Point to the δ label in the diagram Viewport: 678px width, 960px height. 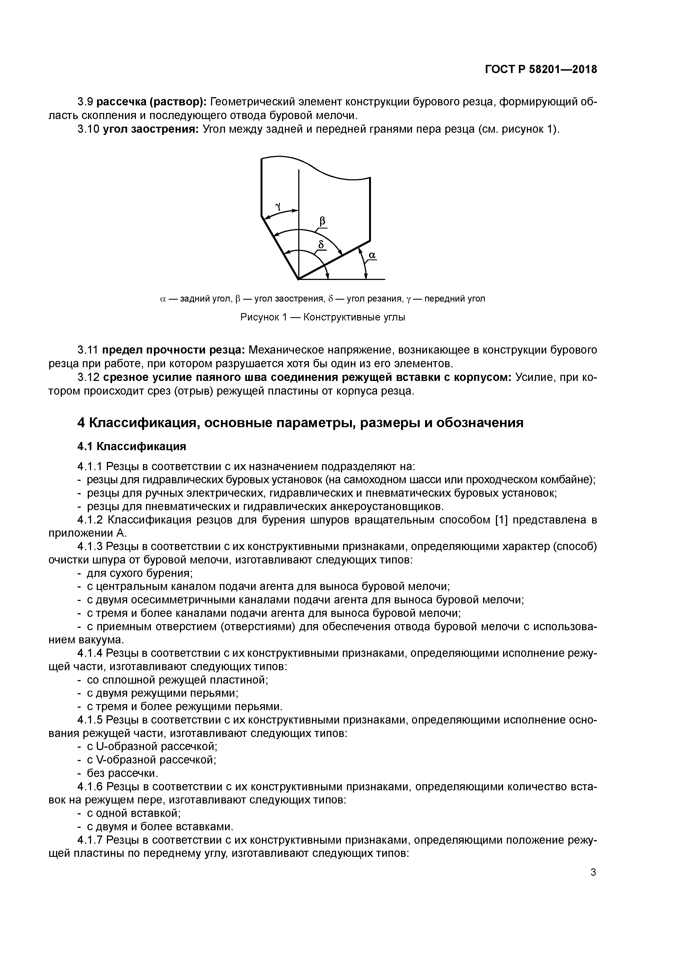pos(321,244)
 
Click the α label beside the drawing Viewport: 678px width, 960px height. pos(372,255)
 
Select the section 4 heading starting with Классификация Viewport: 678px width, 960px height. pos(300,423)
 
